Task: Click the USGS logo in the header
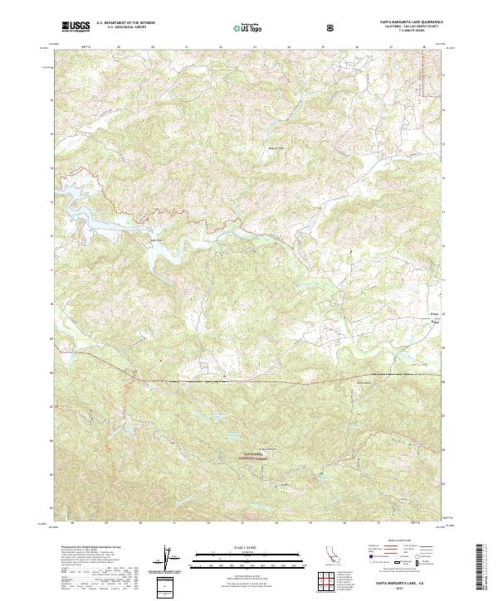coord(76,28)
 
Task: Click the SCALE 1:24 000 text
coord(235,546)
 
